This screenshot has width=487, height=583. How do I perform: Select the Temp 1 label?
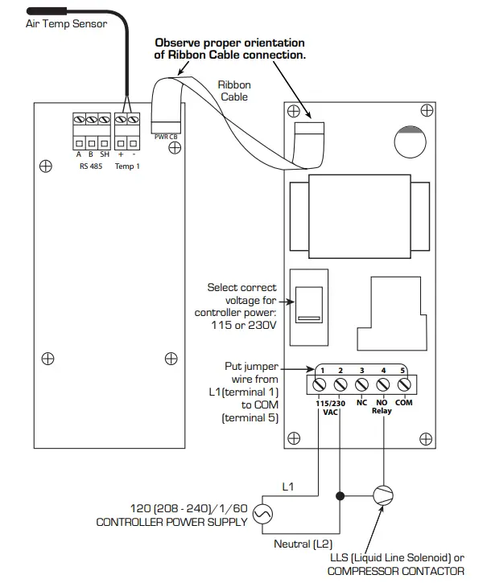pos(127,166)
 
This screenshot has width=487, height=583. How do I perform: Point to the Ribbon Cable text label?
pos(234,90)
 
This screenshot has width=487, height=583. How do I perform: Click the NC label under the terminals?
pos(362,402)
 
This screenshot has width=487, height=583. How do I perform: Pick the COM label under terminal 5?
pos(404,402)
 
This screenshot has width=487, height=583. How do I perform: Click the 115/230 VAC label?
pos(330,406)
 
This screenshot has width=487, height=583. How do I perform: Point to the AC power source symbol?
pos(262,512)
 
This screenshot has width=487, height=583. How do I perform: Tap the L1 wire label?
pos(288,487)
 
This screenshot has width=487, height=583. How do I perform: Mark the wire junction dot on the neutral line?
pos(340,496)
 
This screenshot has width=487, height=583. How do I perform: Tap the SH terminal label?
pos(105,154)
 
